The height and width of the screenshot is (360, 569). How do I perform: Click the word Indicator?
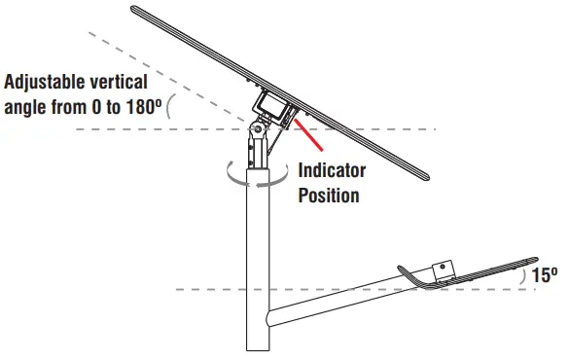tap(332, 171)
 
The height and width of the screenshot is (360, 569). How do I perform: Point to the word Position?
tap(329, 195)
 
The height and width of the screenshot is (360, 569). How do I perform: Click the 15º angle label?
tap(546, 275)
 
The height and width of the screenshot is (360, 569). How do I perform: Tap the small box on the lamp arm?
tap(444, 269)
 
